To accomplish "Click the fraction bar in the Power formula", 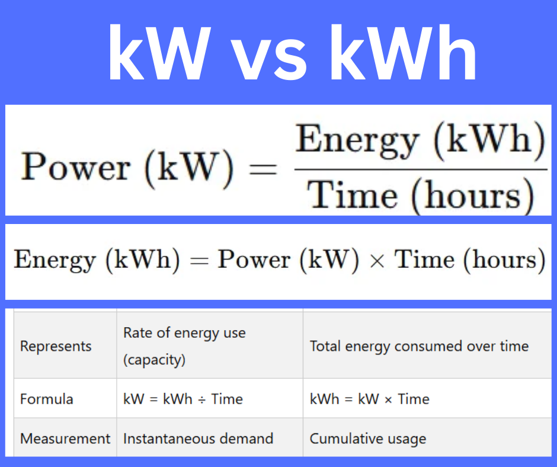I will (x=420, y=169).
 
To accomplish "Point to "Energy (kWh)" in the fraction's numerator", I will (x=420, y=140).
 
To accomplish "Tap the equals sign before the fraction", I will (x=261, y=169).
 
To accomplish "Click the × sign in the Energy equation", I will (x=376, y=261).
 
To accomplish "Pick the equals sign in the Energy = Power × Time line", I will (x=199, y=261).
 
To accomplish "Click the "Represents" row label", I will (x=56, y=346).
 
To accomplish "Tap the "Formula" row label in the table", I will (x=47, y=399).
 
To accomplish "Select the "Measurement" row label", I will (x=65, y=439).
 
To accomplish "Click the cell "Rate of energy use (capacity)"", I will (x=184, y=346).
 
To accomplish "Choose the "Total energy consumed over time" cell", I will (x=419, y=346).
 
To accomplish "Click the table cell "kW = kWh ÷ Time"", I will (x=183, y=399).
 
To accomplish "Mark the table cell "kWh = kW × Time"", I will (x=369, y=399).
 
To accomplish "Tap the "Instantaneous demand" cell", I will (x=198, y=439).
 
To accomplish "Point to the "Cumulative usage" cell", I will (x=367, y=439).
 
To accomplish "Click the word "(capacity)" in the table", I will (x=154, y=360).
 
